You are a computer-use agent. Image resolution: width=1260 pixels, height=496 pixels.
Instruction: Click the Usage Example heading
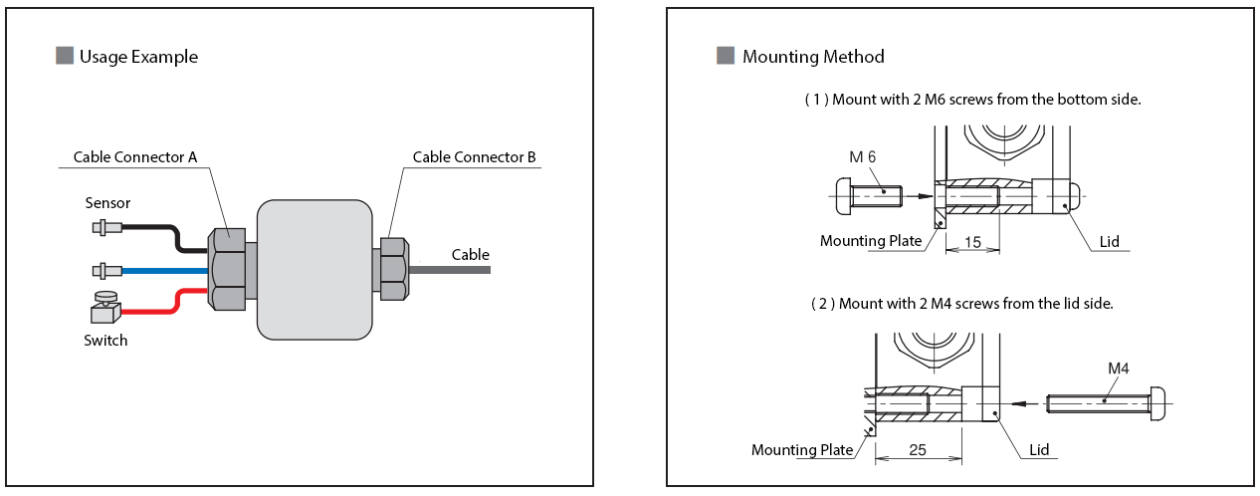[x=138, y=57]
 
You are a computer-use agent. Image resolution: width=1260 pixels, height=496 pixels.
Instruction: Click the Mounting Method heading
[x=812, y=57]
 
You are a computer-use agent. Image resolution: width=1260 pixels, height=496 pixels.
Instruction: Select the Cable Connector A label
[x=135, y=157]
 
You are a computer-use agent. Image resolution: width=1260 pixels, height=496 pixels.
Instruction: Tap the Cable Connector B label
[x=475, y=157]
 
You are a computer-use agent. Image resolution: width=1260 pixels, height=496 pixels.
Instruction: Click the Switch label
[x=105, y=341]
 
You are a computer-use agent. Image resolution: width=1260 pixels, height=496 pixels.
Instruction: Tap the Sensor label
[x=107, y=203]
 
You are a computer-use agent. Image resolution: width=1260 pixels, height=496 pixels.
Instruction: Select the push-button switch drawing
[x=105, y=307]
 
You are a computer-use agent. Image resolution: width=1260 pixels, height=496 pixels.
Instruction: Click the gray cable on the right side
[x=448, y=269]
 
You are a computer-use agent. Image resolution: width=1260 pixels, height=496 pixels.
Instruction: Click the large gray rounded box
[x=314, y=269]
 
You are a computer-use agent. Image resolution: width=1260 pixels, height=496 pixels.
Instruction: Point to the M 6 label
[x=862, y=157]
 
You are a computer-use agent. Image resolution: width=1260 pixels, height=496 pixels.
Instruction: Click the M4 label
[x=1119, y=369]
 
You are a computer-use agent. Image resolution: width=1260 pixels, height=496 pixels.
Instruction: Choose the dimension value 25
[x=917, y=450]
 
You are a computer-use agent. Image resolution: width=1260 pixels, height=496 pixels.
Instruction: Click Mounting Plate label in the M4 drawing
[x=802, y=450]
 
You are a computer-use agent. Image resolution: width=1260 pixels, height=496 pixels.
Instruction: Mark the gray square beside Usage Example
[x=65, y=57]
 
